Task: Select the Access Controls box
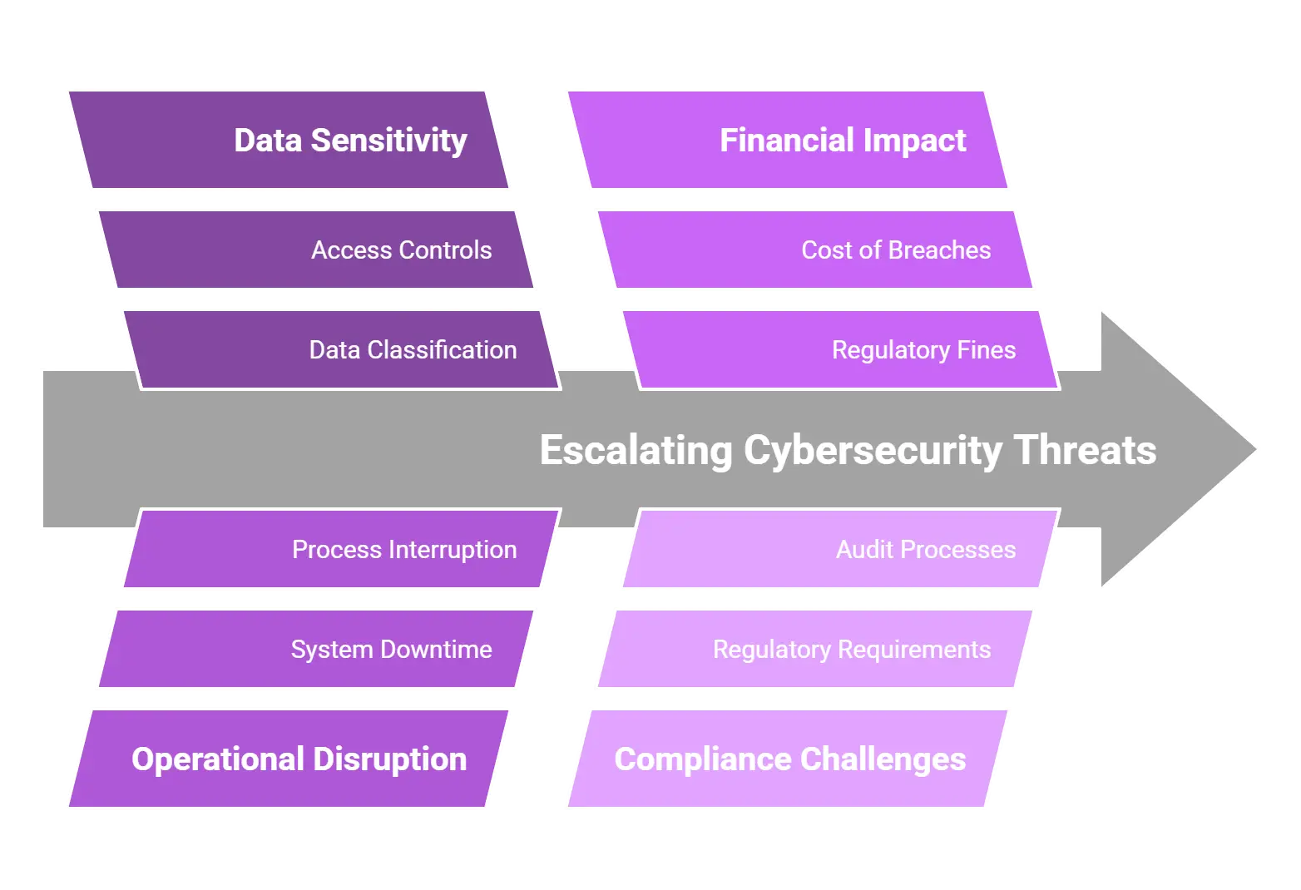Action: click(x=316, y=250)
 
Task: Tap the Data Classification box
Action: click(x=341, y=349)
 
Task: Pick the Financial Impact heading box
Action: click(x=786, y=140)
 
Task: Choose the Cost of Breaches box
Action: click(x=815, y=250)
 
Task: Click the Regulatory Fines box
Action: click(x=840, y=349)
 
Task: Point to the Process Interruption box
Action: click(x=341, y=549)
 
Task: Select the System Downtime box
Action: click(x=316, y=649)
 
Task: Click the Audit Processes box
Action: click(x=840, y=549)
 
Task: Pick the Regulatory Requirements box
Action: click(x=815, y=649)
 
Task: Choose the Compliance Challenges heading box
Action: click(x=786, y=759)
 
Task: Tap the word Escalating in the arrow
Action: click(x=636, y=450)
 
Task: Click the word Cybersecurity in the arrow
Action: click(x=873, y=450)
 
